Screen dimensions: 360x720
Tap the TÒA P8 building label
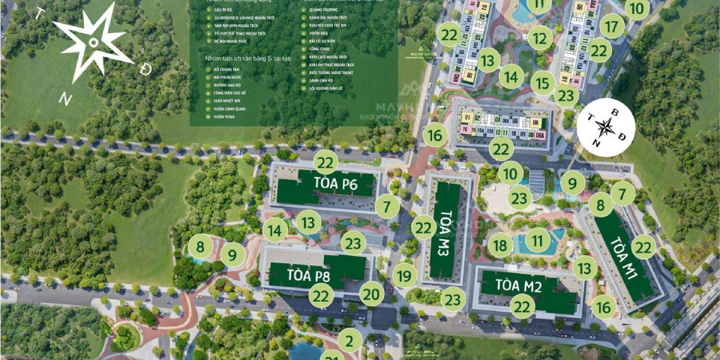pyautogui.click(x=308, y=275)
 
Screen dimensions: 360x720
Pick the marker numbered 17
pyautogui.click(x=612, y=27)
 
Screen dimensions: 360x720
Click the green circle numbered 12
pyautogui.click(x=540, y=37)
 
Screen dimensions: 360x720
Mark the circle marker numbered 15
pyautogui.click(x=543, y=81)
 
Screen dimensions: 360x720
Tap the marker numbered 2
pyautogui.click(x=349, y=341)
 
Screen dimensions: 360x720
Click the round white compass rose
pyautogui.click(x=606, y=128)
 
